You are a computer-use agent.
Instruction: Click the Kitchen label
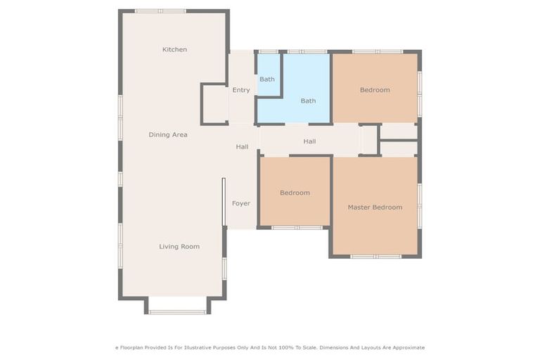tap(174, 49)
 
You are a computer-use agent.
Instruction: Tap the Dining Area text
tap(167, 134)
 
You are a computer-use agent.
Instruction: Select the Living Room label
tap(179, 246)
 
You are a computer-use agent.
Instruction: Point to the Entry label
tap(241, 90)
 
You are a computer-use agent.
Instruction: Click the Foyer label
tap(241, 203)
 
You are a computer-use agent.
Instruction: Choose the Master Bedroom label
tap(375, 207)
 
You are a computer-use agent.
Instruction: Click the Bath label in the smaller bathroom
tap(267, 79)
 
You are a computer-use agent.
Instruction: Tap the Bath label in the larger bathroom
tap(308, 101)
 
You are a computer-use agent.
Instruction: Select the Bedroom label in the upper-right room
tap(375, 90)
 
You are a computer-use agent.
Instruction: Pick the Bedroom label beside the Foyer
tap(295, 193)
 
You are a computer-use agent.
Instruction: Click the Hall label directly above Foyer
tap(242, 146)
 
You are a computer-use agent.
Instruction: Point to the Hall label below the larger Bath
tap(309, 141)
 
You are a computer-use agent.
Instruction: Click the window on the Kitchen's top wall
tap(160, 11)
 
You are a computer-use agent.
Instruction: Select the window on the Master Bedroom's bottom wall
tap(375, 257)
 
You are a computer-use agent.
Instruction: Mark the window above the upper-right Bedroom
tap(378, 51)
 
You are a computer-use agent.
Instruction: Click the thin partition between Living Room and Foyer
tap(224, 201)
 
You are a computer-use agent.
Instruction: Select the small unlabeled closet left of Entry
tap(214, 105)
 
